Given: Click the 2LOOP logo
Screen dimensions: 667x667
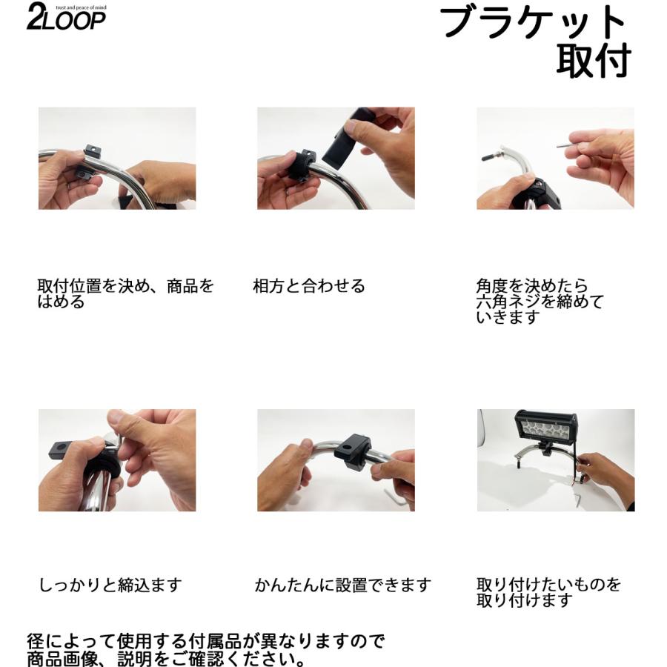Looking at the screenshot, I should pos(65,19).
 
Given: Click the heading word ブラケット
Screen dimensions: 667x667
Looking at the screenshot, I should pos(533,24).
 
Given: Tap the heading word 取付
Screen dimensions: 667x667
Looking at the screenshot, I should pos(593,62).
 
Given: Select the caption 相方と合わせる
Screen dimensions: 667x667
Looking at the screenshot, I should pos(309,287).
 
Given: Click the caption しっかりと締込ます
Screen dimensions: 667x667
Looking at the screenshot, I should pos(110,585).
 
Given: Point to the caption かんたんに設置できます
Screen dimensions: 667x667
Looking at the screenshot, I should pos(342,585).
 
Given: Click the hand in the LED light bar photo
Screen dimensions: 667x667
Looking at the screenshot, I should pos(604,471).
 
